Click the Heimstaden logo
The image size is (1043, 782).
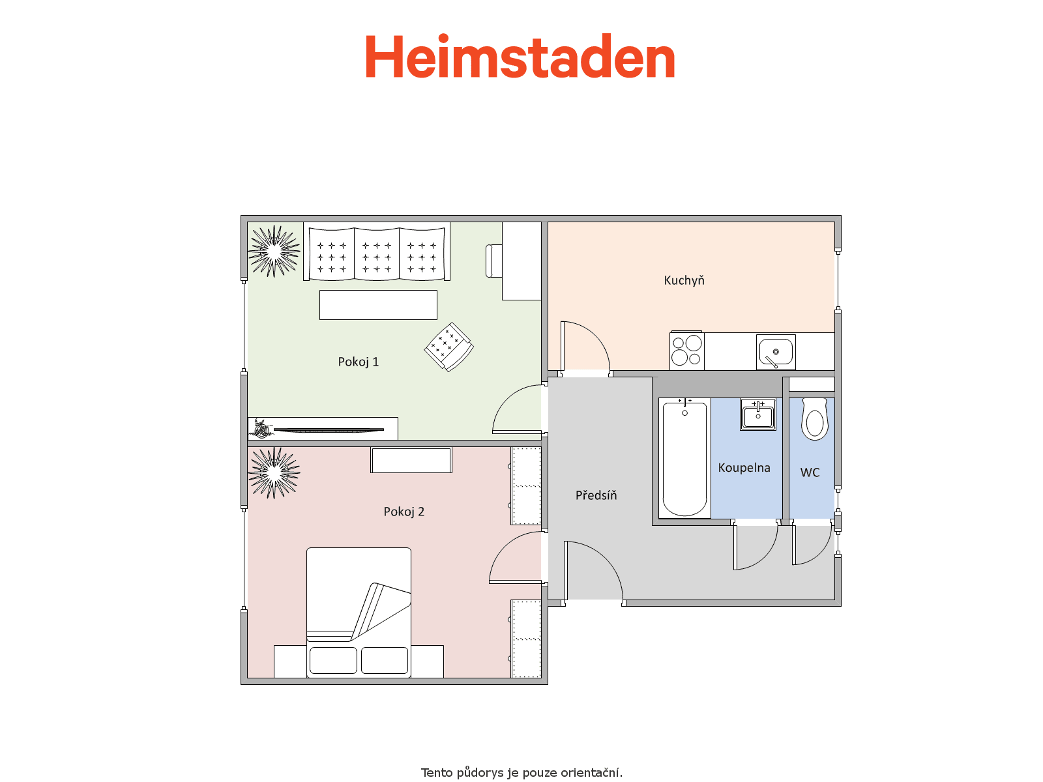coord(520,55)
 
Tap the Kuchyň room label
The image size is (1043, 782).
coord(684,280)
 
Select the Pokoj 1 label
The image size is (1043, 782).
coord(358,362)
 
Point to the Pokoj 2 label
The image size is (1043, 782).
coord(404,512)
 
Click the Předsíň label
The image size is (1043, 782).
coord(596,495)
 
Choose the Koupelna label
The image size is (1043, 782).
coord(744,468)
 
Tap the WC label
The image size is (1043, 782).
coord(810,472)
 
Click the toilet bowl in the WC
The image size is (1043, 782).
coord(814,419)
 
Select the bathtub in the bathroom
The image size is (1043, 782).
coord(684,457)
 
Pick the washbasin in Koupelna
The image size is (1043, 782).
coord(758,414)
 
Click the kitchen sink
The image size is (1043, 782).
coord(776,353)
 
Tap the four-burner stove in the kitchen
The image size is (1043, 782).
coord(686,351)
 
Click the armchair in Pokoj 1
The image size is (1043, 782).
coord(448,347)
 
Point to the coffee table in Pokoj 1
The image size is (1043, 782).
coord(377,305)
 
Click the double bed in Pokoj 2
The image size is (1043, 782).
coord(359,613)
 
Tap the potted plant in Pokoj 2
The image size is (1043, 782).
coord(274,473)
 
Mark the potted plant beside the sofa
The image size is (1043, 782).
coord(274,251)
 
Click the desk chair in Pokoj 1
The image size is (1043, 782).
coord(493,261)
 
